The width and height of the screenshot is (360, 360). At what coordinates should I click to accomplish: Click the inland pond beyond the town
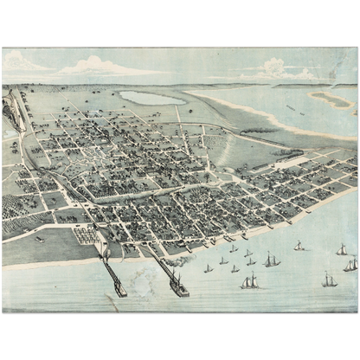151,97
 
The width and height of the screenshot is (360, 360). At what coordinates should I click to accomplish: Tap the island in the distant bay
332,100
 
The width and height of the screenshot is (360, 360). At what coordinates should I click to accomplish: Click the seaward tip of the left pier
120,292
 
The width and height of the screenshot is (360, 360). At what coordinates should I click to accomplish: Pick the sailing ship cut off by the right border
351,264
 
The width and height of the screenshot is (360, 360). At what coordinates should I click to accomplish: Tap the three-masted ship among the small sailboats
250,281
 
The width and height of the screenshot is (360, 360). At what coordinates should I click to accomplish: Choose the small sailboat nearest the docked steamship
208,268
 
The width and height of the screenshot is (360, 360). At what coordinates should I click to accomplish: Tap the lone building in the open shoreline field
39,238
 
